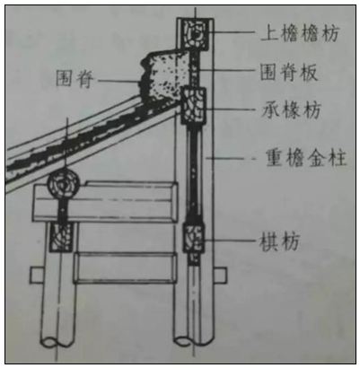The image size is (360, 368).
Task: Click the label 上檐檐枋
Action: pos(300,33)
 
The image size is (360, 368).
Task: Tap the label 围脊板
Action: pos(289,72)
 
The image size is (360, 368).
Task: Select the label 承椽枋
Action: pos(292,110)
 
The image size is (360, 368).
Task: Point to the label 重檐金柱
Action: pos(306,158)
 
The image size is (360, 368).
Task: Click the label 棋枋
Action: pos(279,241)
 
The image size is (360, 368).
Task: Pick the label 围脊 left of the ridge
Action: pos(75,79)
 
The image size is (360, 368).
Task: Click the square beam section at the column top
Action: pos(196,34)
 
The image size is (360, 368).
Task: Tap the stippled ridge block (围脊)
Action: pos(164,74)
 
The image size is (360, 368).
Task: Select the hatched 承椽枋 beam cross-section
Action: pos(194,106)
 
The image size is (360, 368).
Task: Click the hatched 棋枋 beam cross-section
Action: pos(194,239)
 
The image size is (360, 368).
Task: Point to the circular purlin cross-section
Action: pos(64,184)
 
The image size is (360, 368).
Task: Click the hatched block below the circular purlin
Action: pos(61,237)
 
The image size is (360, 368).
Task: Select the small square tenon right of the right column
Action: pos(221,276)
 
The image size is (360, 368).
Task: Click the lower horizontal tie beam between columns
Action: pos(124,267)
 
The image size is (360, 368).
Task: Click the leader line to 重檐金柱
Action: pos(231,158)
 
